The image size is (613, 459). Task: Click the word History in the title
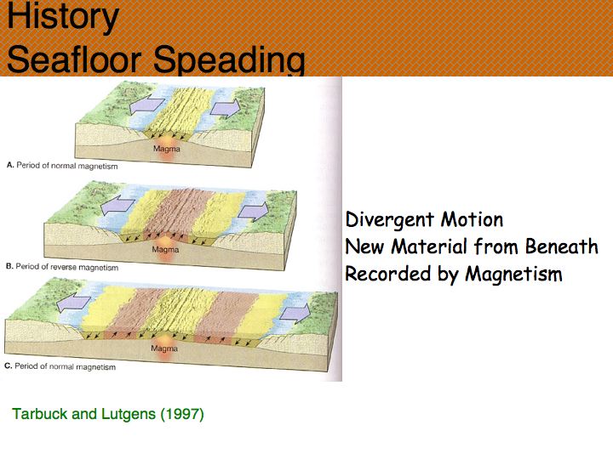click(x=63, y=17)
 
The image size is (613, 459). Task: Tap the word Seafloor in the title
click(x=74, y=59)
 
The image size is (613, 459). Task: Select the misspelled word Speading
click(x=229, y=60)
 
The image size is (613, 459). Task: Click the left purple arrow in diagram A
click(x=146, y=105)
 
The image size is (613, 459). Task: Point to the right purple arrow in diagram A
click(x=225, y=109)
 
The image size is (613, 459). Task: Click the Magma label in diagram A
click(x=167, y=149)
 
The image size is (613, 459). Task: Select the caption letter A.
click(x=10, y=165)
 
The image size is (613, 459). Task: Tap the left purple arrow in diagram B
click(x=117, y=207)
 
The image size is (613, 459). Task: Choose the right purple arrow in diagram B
click(x=254, y=212)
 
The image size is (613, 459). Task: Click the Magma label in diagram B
click(x=165, y=249)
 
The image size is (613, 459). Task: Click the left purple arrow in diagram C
click(x=73, y=303)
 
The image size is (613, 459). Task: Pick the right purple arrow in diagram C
click(x=295, y=314)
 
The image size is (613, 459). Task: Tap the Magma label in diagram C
click(x=164, y=348)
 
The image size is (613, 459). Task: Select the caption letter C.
click(x=9, y=365)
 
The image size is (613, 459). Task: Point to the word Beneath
click(x=562, y=246)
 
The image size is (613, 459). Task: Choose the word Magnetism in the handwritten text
click(x=514, y=274)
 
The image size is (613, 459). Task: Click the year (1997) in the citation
click(x=182, y=414)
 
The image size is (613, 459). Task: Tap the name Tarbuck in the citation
click(x=40, y=414)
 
